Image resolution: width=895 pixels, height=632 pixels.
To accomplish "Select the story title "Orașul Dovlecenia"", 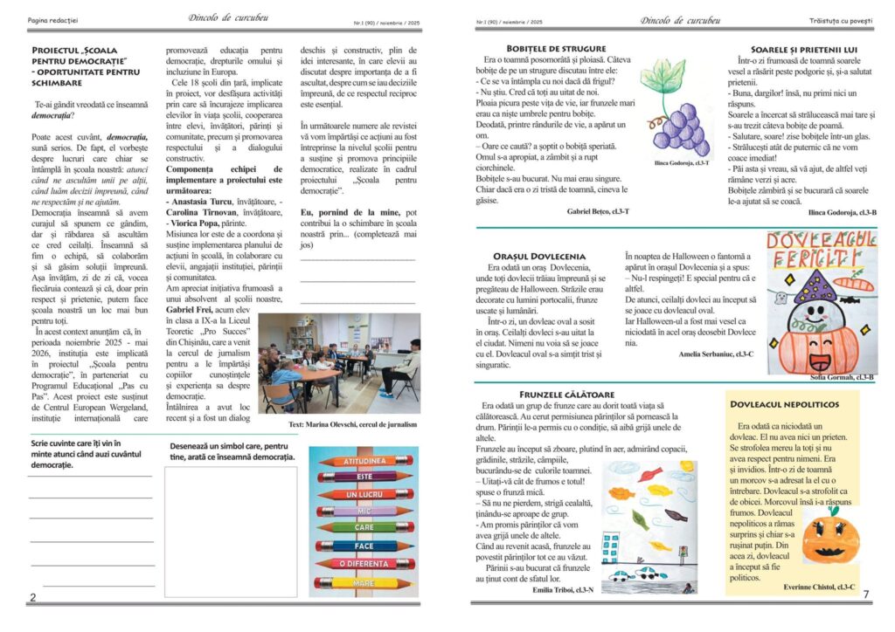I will [x=538, y=255].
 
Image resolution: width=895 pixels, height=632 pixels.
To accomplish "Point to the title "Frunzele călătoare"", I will [x=565, y=395].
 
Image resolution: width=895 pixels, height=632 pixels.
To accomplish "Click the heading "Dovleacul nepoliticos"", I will [x=784, y=404].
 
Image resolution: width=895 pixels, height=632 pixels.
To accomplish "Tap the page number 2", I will [x=32, y=597].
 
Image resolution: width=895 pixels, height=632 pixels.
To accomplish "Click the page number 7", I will [x=865, y=594].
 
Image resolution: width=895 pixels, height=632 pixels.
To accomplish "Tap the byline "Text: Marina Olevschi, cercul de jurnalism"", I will [x=352, y=424].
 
